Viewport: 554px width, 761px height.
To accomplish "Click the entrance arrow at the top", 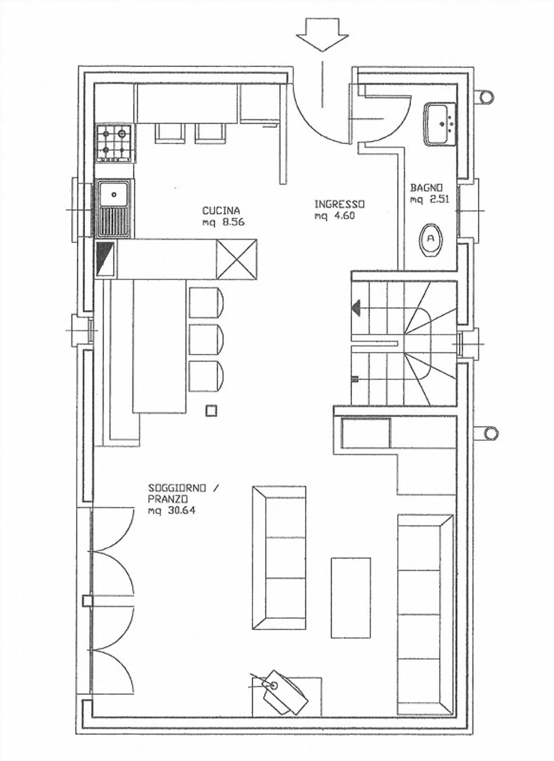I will coord(322,35).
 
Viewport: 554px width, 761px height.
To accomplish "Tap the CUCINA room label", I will coord(221,211).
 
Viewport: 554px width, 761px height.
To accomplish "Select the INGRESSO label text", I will coord(339,204).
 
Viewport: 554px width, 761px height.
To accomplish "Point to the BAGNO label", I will coord(426,188).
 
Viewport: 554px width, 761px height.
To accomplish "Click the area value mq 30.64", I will coord(172,511).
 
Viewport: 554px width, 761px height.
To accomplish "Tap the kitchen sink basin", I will coord(114,195).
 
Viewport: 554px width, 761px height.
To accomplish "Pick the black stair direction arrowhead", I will coord(356,308).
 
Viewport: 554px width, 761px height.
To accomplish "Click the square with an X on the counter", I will coord(236,259).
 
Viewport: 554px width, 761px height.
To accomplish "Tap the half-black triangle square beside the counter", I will coord(105,259).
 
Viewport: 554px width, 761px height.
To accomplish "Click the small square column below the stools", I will coord(211,411).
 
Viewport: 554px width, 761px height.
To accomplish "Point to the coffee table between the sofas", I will coord(350,597).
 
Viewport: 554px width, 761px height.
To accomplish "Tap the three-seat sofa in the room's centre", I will coord(279,558).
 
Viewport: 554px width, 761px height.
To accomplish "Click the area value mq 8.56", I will coord(223,222).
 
